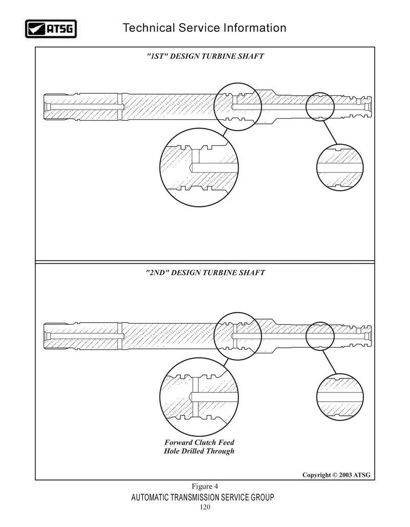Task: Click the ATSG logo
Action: click(x=51, y=29)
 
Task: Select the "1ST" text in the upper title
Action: click(x=157, y=56)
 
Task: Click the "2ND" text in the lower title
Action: click(x=157, y=272)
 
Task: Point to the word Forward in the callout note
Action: click(x=178, y=442)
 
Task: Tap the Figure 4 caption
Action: click(x=205, y=487)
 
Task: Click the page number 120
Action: click(x=205, y=507)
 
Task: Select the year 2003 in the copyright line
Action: click(x=345, y=475)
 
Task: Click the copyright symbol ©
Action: click(x=335, y=475)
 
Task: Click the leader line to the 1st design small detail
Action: click(x=330, y=133)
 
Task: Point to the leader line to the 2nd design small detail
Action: click(x=329, y=362)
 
